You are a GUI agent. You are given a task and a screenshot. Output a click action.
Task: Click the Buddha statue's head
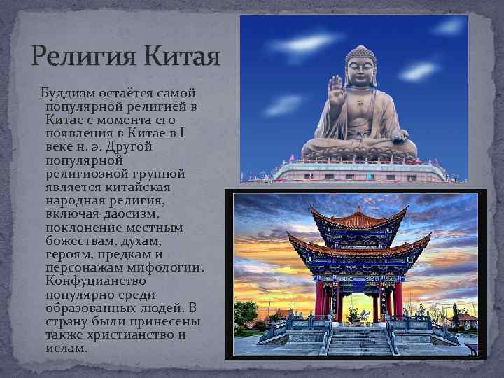[360, 66]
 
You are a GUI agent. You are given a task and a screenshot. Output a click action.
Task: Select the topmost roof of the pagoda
[358, 219]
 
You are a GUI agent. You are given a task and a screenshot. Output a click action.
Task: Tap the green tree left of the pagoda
[246, 315]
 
